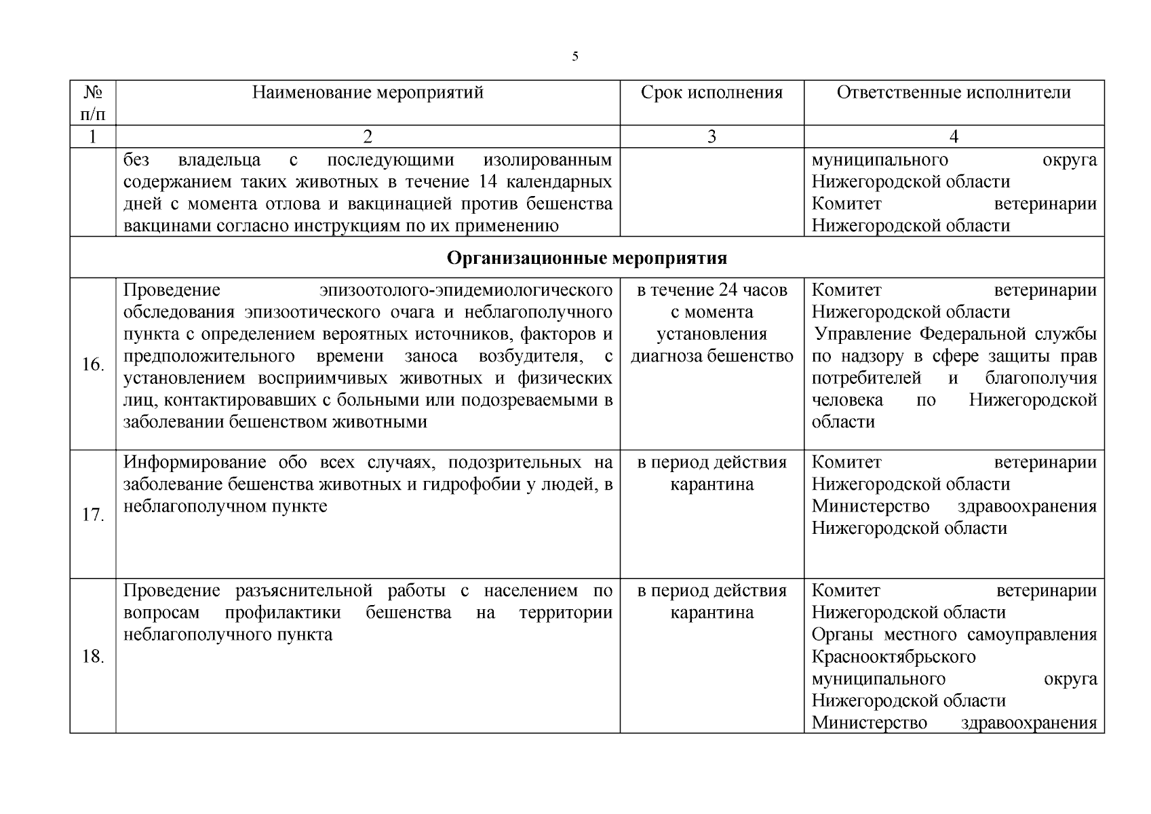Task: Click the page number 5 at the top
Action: pos(575,56)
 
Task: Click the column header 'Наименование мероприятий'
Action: pos(368,92)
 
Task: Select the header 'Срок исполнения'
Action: pos(711,92)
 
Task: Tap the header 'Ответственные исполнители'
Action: pos(953,92)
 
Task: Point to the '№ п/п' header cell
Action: pos(92,102)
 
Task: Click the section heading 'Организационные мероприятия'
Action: pos(587,258)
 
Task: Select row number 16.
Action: pos(92,365)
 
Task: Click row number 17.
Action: pos(92,515)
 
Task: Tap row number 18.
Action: pos(92,657)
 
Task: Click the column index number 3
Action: pos(711,136)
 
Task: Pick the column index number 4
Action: pos(954,136)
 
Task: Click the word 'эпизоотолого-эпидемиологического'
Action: pos(466,290)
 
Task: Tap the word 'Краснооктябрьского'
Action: pos(893,657)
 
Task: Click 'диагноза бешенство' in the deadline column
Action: pos(711,356)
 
